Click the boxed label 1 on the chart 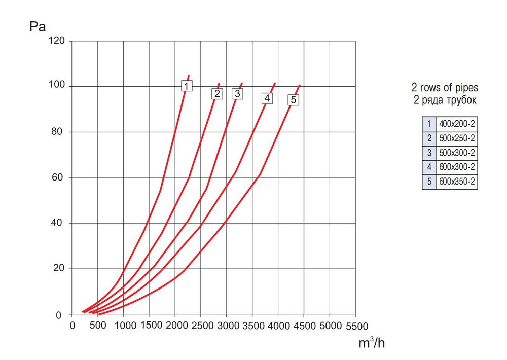pyautogui.click(x=187, y=86)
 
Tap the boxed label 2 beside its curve pyautogui.click(x=217, y=94)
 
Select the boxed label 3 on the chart pyautogui.click(x=237, y=94)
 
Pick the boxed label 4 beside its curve pyautogui.click(x=267, y=98)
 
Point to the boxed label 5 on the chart pyautogui.click(x=293, y=100)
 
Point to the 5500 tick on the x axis pyautogui.click(x=355, y=326)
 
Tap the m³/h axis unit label pyautogui.click(x=372, y=343)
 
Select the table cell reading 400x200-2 pyautogui.click(x=457, y=124)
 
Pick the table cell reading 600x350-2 pyautogui.click(x=457, y=182)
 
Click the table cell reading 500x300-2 pyautogui.click(x=457, y=153)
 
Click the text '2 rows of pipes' pyautogui.click(x=445, y=87)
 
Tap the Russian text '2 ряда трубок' pyautogui.click(x=445, y=100)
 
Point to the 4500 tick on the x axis pyautogui.click(x=304, y=326)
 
